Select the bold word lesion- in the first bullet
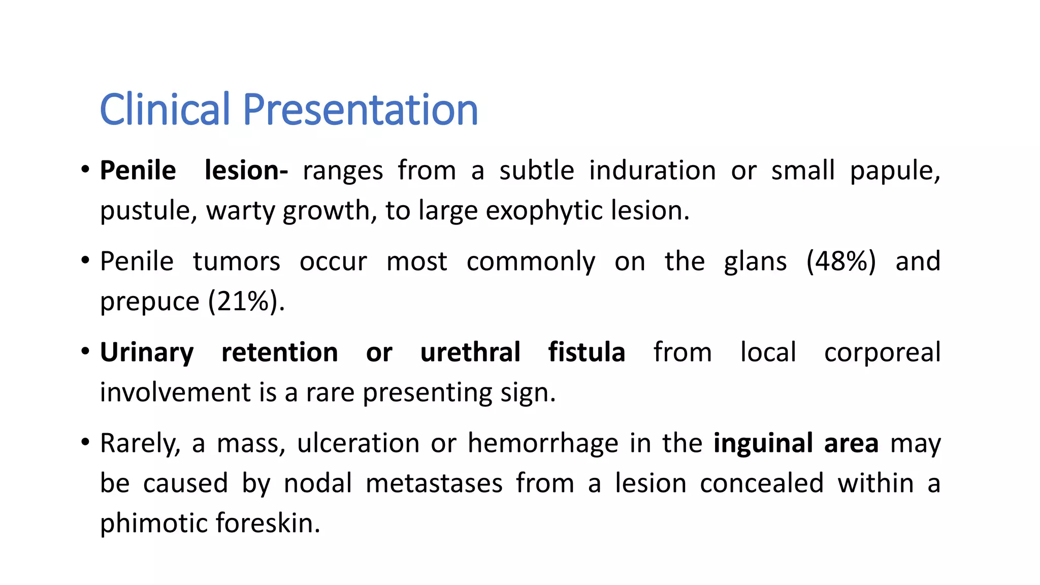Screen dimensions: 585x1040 point(246,171)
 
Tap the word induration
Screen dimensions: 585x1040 point(653,171)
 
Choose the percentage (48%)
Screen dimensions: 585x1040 point(841,262)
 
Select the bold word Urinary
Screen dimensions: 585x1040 point(147,353)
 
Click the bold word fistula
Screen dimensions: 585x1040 point(587,352)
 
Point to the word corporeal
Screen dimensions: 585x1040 point(882,353)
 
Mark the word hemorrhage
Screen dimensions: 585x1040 point(543,443)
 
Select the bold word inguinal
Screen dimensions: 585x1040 point(763,443)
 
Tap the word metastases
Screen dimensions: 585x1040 point(434,483)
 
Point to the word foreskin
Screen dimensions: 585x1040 point(268,523)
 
